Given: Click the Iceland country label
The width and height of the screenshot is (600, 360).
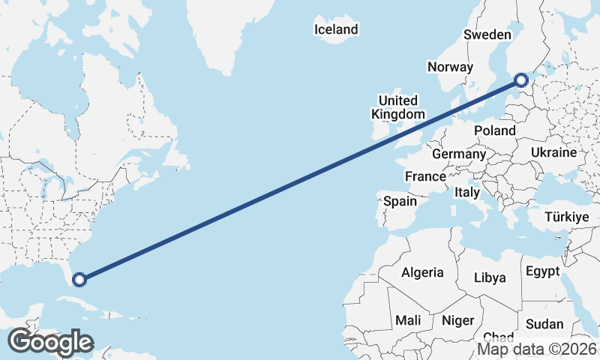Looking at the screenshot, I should coord(336,30).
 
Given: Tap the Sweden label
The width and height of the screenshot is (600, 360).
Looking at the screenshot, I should coord(487,34).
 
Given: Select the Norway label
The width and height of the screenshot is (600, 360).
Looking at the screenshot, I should coord(450,67).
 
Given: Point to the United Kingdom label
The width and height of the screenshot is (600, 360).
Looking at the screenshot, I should coord(397,107).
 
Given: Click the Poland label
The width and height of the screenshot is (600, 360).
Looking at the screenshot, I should coord(495,130).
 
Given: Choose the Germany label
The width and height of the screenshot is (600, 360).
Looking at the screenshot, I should coord(459,154).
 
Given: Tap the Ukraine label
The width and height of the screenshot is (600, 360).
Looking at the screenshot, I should coord(553,152).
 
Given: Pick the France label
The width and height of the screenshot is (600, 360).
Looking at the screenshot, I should coord(425,176).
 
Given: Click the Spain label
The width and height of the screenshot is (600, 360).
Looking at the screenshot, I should coord(400,201).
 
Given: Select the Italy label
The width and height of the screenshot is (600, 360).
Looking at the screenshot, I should coord(467,193).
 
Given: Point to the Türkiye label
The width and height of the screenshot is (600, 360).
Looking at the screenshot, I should coord(566,217).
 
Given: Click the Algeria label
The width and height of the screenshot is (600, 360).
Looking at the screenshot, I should coord(423,273).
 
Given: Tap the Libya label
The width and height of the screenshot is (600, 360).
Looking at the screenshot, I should coord(490,277).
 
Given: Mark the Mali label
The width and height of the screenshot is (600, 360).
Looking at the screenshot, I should coord(408,320).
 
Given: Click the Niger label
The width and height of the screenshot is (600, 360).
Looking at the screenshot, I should coord(457,320).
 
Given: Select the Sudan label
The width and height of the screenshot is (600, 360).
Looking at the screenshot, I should coord(544,324).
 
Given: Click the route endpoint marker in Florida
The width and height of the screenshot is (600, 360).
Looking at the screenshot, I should coord(79,280).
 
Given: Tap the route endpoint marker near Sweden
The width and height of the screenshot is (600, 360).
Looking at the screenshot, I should coord(521,80).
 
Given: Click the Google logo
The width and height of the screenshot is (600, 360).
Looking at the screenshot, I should coord(49,342).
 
